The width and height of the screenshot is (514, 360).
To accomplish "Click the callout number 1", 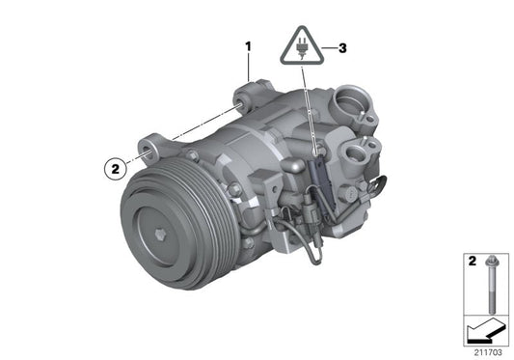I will [x=248, y=45].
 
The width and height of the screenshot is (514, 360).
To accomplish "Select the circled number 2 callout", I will [x=115, y=168].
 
